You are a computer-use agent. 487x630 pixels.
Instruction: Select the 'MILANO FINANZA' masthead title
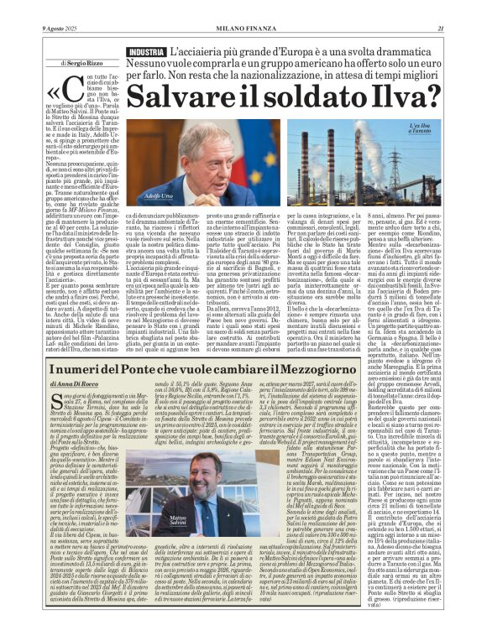243,8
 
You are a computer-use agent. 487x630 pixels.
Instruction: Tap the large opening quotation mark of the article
56,87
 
